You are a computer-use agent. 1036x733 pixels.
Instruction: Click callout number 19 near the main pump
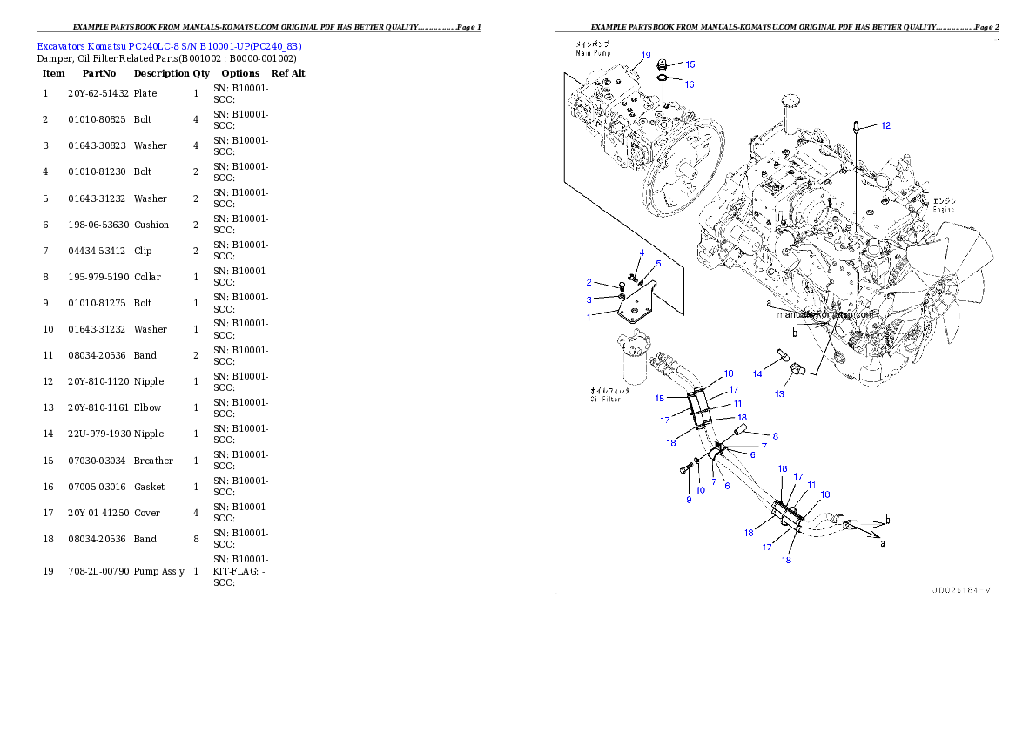(646, 55)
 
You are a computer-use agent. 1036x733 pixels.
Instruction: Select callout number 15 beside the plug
(690, 64)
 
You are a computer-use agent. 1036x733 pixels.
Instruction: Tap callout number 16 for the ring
(690, 84)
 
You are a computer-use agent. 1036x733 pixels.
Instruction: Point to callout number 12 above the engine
(885, 126)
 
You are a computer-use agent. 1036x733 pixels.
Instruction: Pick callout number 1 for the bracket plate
(589, 318)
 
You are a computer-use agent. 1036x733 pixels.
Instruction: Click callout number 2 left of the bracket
(589, 282)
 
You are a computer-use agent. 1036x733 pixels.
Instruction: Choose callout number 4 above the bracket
(642, 253)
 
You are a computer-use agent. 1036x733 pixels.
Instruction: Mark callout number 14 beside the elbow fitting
(757, 373)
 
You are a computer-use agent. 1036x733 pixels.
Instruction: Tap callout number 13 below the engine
(779, 394)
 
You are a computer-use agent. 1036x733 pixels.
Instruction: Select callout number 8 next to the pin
(775, 435)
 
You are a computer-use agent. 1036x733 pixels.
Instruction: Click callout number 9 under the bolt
(688, 500)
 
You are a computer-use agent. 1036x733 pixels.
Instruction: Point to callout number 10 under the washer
(700, 491)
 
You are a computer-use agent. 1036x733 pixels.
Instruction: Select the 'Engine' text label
(944, 210)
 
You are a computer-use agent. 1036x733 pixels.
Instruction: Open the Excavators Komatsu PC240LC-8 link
(169, 46)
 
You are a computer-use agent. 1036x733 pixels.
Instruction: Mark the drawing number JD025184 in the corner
(960, 590)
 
